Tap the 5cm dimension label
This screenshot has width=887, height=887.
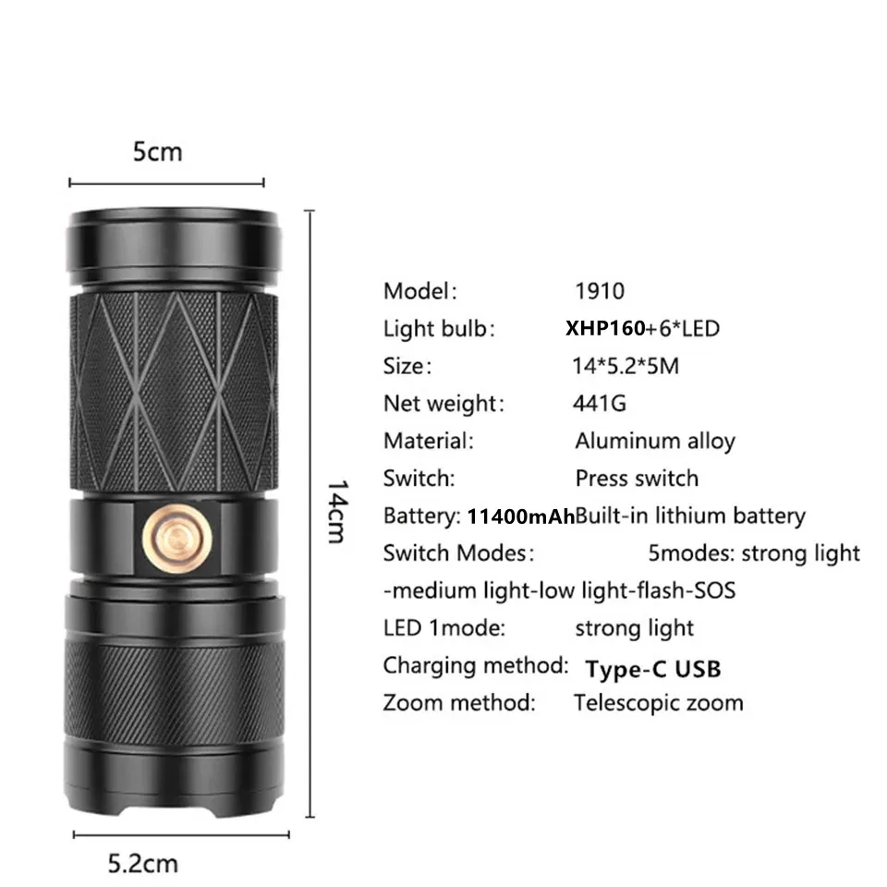pyautogui.click(x=158, y=152)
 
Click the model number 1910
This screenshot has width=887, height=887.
pyautogui.click(x=600, y=291)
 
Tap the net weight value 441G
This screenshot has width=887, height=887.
pyautogui.click(x=599, y=403)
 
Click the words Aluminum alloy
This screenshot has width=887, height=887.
pyautogui.click(x=654, y=441)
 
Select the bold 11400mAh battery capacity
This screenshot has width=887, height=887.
pyautogui.click(x=521, y=516)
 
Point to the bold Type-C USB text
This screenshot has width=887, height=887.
pyautogui.click(x=652, y=668)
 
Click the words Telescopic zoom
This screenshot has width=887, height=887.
pyautogui.click(x=658, y=702)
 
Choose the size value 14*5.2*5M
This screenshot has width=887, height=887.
pyautogui.click(x=626, y=366)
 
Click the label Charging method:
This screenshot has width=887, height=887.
pyautogui.click(x=476, y=665)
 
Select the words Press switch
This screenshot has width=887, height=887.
pyautogui.click(x=637, y=479)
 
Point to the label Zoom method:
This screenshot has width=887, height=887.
pyautogui.click(x=459, y=702)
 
